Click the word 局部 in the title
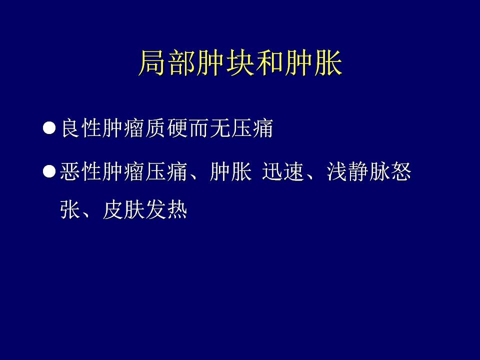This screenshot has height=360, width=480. click(x=168, y=63)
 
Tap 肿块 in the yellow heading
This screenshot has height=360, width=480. click(x=226, y=63)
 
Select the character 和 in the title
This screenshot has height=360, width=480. click(x=270, y=63)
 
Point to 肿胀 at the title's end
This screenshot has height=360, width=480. click(x=313, y=63)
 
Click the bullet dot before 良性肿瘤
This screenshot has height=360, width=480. click(x=49, y=128)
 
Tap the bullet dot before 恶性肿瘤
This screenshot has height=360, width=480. click(x=49, y=171)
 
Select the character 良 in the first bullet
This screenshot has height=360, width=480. click(x=70, y=128)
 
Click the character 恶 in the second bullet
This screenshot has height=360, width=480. click(x=70, y=171)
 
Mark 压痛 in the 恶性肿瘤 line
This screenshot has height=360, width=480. click(x=166, y=171)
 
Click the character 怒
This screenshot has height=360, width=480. click(x=400, y=171)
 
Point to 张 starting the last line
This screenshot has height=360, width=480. click(x=70, y=209)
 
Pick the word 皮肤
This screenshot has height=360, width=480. click(x=123, y=209)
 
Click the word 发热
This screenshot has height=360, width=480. click(x=166, y=209)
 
